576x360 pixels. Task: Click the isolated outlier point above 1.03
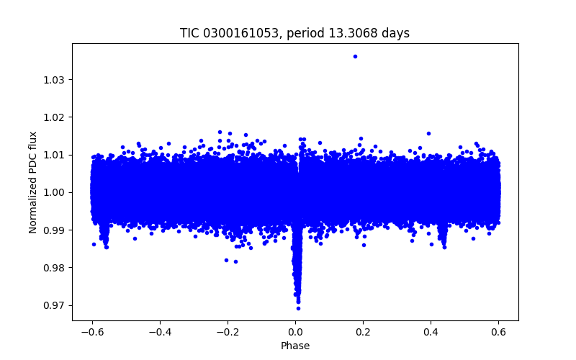(x=355, y=56)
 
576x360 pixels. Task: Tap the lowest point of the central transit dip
(x=298, y=308)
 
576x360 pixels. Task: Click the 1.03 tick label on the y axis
(x=53, y=79)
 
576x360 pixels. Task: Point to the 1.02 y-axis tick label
(x=53, y=117)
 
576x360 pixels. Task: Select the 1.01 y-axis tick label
(x=53, y=155)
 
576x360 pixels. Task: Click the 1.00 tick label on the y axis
(x=53, y=192)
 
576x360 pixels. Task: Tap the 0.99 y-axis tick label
(x=53, y=230)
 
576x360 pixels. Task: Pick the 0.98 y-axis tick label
(x=53, y=268)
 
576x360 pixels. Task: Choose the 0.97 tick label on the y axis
(x=53, y=305)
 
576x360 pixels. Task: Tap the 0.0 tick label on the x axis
(x=295, y=332)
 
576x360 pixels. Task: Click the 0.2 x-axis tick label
(x=363, y=332)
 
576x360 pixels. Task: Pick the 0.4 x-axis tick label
(x=431, y=332)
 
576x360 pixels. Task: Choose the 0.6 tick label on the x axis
(x=498, y=332)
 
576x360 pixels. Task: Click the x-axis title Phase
(x=295, y=346)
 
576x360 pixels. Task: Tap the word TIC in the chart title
(x=189, y=33)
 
